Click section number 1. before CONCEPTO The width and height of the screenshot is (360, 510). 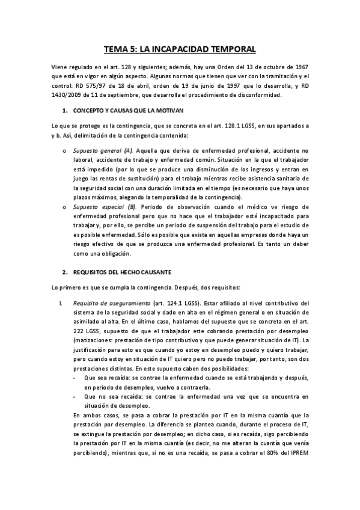pyautogui.click(x=65, y=112)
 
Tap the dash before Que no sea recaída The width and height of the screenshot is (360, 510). pyautogui.click(x=74, y=396)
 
